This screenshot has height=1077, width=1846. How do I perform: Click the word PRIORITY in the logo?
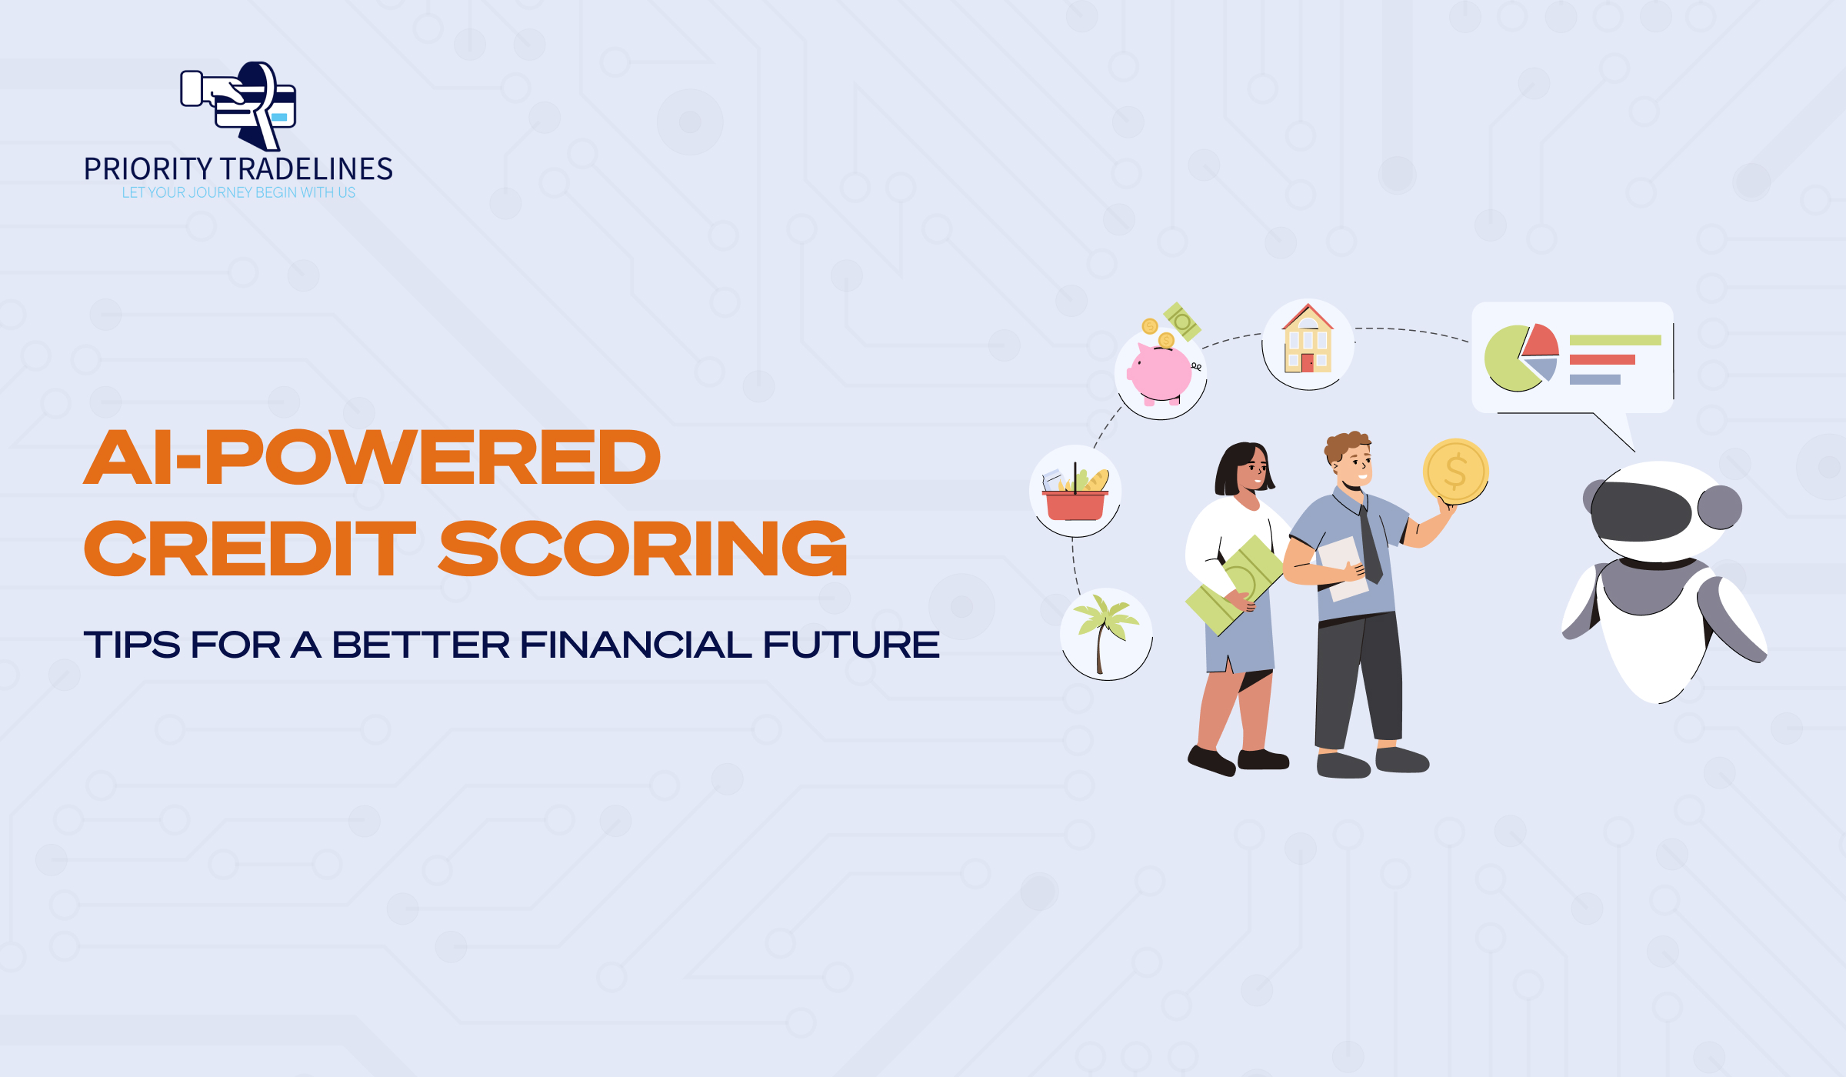[x=148, y=169]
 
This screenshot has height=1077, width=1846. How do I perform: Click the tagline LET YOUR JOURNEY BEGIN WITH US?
[x=238, y=192]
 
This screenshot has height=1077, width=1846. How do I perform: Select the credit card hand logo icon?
[x=238, y=106]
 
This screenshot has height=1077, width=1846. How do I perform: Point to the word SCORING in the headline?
[x=643, y=549]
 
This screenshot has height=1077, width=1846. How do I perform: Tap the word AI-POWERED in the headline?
[x=372, y=458]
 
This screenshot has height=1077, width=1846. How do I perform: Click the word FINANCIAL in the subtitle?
[x=635, y=645]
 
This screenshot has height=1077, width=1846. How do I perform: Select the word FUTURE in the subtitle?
[x=851, y=645]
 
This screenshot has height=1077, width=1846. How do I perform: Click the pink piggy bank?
[x=1161, y=374]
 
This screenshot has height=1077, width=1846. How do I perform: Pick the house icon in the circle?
[x=1308, y=338]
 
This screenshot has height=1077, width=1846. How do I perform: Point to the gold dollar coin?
[x=1456, y=472]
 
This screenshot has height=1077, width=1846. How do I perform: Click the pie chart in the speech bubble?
[x=1521, y=357]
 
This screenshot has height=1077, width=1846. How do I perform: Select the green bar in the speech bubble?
[x=1615, y=340]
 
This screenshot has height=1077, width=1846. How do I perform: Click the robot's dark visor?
[x=1641, y=512]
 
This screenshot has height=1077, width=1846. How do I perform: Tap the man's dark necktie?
[x=1371, y=544]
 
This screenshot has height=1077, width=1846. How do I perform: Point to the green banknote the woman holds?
[x=1235, y=585]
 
